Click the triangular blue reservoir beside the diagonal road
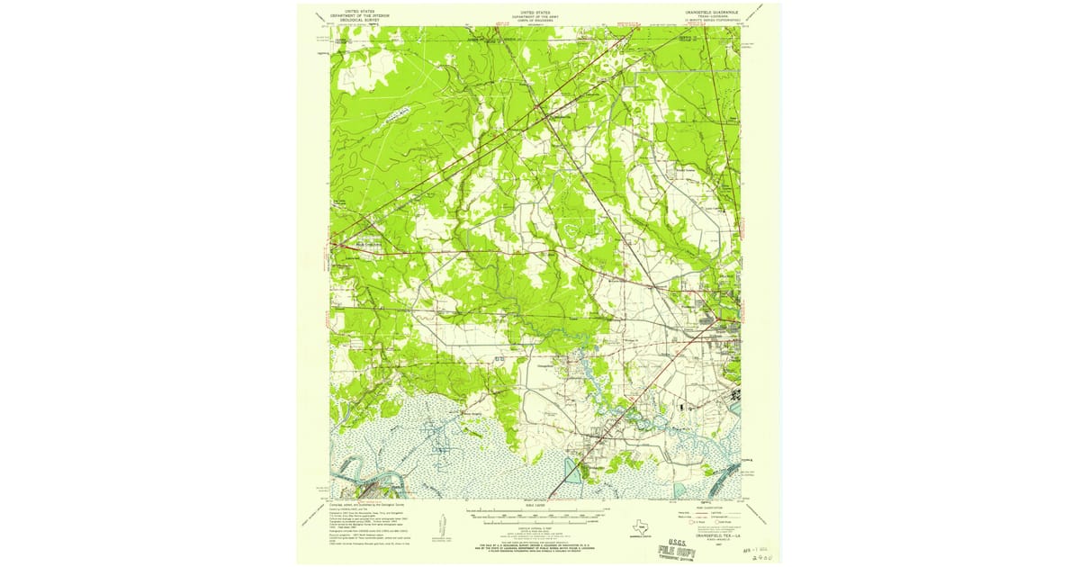coord(571,468)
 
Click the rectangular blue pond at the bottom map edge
coord(680,490)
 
